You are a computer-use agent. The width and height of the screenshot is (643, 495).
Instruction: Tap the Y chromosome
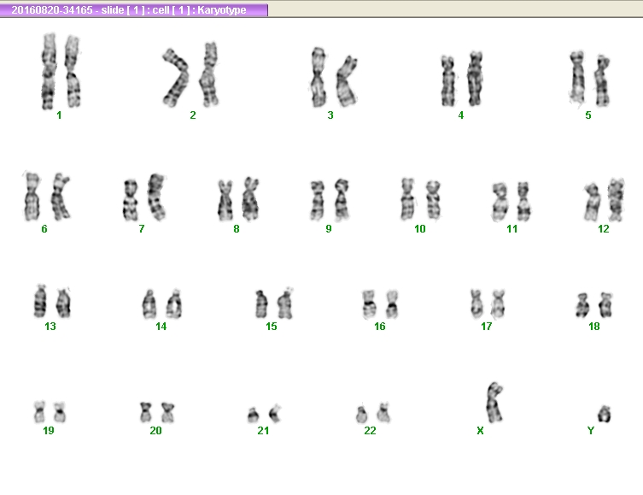pos(604,414)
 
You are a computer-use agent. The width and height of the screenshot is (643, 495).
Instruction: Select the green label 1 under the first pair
pos(59,115)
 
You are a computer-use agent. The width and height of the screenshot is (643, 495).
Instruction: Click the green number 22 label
pos(370,431)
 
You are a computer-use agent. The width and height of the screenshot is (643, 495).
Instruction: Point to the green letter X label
pos(480,431)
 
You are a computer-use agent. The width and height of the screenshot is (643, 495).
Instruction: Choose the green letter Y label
pos(591,431)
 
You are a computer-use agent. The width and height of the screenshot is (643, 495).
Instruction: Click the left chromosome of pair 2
pos(176,77)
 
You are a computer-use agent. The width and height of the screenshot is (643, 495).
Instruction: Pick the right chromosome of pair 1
pos(73,72)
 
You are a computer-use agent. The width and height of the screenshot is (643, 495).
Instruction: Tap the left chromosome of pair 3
pos(319,77)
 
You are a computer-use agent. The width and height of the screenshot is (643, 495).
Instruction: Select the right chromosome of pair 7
pos(156,197)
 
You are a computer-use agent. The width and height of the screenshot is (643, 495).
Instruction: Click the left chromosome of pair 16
pos(369,304)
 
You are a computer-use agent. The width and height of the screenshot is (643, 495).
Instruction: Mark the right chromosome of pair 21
pos(275,414)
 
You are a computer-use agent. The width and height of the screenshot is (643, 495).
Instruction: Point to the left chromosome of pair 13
pos(40,301)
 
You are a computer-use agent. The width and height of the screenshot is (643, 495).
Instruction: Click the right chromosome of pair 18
pos(605,305)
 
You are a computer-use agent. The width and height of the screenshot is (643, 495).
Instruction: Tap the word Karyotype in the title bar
pos(222,10)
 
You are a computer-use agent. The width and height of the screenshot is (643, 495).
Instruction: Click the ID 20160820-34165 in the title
pos(52,10)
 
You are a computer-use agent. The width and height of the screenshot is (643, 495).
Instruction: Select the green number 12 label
pos(603,229)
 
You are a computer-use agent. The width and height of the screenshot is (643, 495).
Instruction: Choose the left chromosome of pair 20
pos(145,412)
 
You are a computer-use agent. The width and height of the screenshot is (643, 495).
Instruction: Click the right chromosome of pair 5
pos(603,80)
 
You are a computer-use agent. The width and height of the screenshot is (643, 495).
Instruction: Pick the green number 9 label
pos(329,229)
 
